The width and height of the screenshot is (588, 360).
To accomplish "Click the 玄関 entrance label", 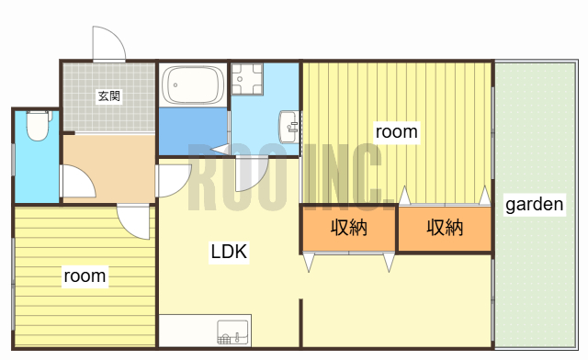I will [x=109, y=96].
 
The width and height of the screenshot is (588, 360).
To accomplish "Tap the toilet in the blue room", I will [x=37, y=125].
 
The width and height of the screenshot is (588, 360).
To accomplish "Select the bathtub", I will [x=193, y=86].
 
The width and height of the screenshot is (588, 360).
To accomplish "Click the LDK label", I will [x=229, y=252].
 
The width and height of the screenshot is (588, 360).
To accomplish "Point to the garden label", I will [x=535, y=205].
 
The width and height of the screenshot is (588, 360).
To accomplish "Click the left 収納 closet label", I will [x=349, y=228].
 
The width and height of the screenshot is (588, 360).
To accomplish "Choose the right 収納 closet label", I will [x=445, y=228].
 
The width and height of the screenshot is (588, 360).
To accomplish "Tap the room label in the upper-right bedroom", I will [x=397, y=131].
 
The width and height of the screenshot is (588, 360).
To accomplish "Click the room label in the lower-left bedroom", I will [x=85, y=275].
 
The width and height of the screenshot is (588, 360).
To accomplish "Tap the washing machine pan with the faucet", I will [x=247, y=79].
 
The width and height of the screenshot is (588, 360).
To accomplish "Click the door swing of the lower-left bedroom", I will [x=134, y=221].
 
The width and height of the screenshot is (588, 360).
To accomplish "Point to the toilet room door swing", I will [x=77, y=180].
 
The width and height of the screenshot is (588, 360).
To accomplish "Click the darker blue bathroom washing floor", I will [x=192, y=129].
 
